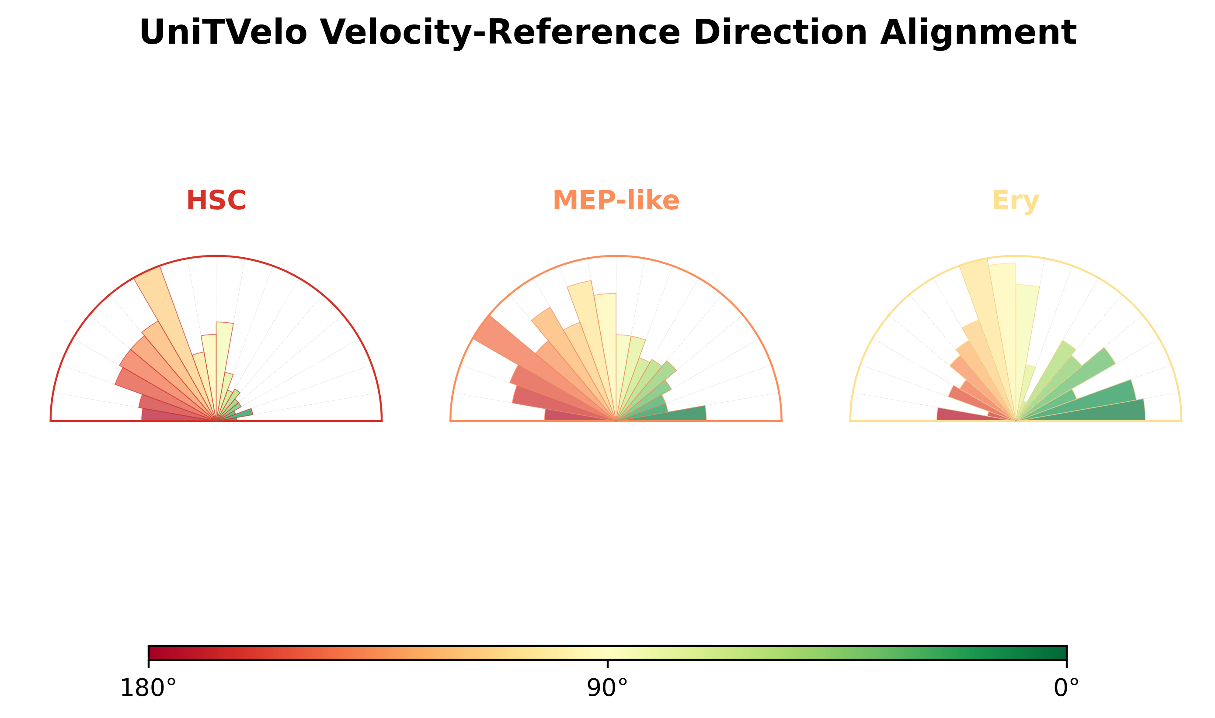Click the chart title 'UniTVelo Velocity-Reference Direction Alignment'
click(607, 32)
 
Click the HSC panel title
click(216, 200)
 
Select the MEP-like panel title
click(616, 200)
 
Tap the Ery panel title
click(1016, 201)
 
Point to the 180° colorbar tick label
click(148, 688)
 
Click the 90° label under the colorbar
click(607, 688)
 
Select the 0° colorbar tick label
click(1066, 688)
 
